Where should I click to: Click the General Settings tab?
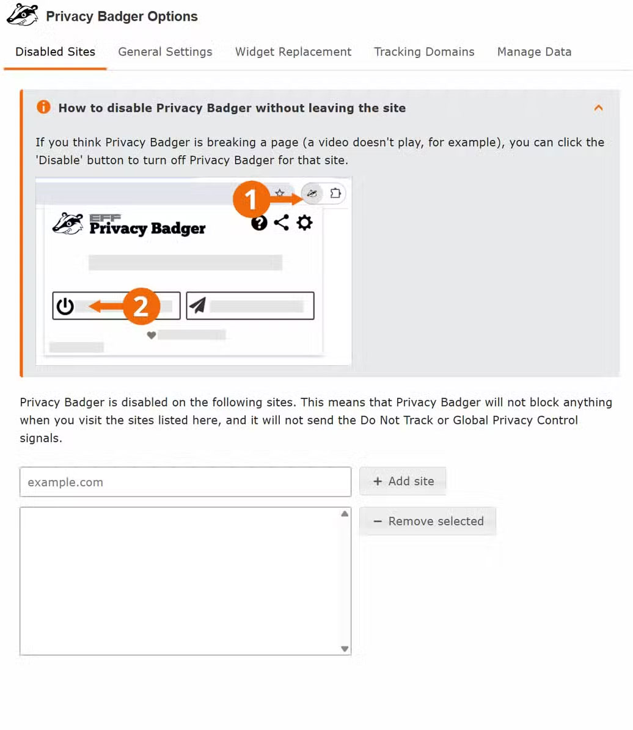click(165, 52)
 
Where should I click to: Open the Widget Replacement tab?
click(293, 52)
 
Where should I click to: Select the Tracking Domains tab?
click(424, 52)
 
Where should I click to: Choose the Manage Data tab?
click(534, 52)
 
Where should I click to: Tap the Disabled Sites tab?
click(55, 52)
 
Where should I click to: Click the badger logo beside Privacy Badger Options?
click(23, 15)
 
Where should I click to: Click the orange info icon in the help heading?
click(43, 107)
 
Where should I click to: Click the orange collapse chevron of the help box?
click(599, 108)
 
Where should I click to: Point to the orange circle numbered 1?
click(251, 199)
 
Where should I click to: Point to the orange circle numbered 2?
click(141, 306)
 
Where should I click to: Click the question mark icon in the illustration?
click(259, 223)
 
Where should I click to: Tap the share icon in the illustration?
click(281, 222)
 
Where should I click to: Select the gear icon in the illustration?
click(305, 222)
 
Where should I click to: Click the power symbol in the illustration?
click(65, 306)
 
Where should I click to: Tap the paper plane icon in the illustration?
click(198, 305)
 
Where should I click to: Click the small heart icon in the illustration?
click(152, 335)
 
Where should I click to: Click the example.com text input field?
click(185, 482)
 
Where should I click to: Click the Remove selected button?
click(428, 521)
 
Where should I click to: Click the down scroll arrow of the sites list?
click(345, 649)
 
